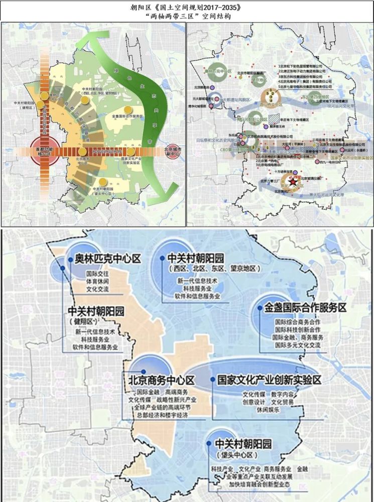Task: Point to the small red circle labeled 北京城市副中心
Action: click(x=173, y=152)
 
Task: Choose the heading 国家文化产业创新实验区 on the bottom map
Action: click(x=266, y=380)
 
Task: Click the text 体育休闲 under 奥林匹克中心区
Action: click(x=95, y=283)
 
